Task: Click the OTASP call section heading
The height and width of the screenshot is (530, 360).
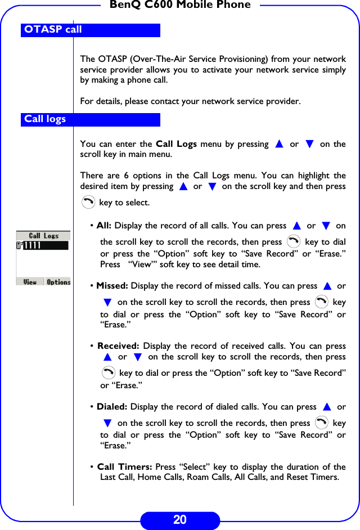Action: (53, 30)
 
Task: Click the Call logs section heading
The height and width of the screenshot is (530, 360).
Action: (45, 119)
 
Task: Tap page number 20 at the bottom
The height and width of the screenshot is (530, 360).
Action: (179, 520)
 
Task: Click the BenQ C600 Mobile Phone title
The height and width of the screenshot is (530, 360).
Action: (180, 5)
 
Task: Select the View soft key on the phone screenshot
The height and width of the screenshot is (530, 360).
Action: (30, 282)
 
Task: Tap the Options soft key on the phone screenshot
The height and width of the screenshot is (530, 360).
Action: (58, 282)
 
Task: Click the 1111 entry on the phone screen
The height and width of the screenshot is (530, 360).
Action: (32, 246)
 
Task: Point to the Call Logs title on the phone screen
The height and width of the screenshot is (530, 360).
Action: (43, 236)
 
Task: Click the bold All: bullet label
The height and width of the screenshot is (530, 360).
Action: (104, 226)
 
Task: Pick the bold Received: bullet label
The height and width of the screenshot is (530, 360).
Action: (118, 346)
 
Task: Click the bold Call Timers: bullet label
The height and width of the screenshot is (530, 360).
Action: (125, 467)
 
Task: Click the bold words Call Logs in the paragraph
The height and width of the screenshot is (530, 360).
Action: (176, 144)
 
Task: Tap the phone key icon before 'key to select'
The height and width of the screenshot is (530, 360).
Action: (88, 202)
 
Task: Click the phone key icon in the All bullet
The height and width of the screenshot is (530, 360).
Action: (293, 242)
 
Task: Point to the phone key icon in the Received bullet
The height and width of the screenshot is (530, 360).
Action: (109, 372)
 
